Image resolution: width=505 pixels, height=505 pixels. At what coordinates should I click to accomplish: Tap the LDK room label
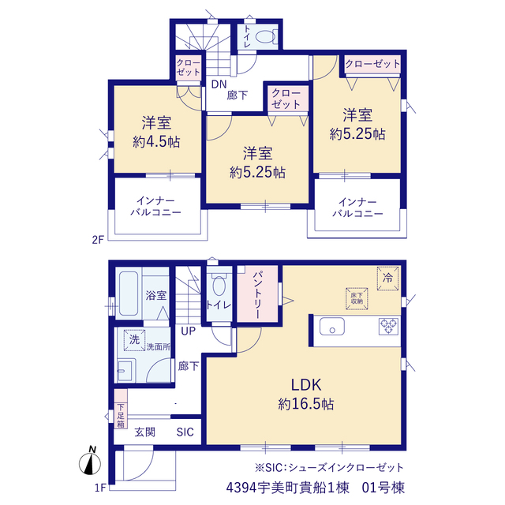(x=306, y=385)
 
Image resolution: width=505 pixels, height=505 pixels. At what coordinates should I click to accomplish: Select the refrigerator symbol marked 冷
(x=387, y=279)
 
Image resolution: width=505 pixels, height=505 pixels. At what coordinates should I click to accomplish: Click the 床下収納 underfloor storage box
(x=357, y=298)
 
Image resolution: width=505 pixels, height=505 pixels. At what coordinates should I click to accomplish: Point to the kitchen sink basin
(x=332, y=326)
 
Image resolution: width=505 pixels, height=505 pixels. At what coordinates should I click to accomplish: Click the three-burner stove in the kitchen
(x=388, y=326)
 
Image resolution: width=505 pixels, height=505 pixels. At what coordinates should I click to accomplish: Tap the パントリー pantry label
(x=258, y=294)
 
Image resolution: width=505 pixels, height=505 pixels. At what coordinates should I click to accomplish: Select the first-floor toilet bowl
(x=219, y=286)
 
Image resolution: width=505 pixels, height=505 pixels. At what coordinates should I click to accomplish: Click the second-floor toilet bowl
(x=264, y=36)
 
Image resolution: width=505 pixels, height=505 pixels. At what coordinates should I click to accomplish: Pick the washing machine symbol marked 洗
(x=134, y=340)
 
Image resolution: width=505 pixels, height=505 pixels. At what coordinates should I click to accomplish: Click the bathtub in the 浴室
(x=129, y=294)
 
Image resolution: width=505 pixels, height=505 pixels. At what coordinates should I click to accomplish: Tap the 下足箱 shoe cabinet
(x=121, y=409)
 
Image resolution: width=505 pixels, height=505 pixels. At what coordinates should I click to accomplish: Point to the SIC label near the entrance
(x=185, y=432)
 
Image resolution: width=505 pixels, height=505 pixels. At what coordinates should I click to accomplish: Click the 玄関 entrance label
(x=145, y=432)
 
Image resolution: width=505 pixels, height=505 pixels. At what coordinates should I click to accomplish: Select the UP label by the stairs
(x=189, y=331)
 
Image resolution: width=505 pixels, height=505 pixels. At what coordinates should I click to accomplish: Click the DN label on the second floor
(x=219, y=84)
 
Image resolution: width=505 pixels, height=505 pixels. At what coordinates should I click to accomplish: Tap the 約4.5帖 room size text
(x=156, y=142)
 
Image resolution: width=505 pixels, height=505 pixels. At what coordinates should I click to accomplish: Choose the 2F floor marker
(x=98, y=240)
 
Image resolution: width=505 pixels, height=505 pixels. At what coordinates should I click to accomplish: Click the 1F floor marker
(x=100, y=488)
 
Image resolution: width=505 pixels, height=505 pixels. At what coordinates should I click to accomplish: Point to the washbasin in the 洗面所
(x=125, y=370)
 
